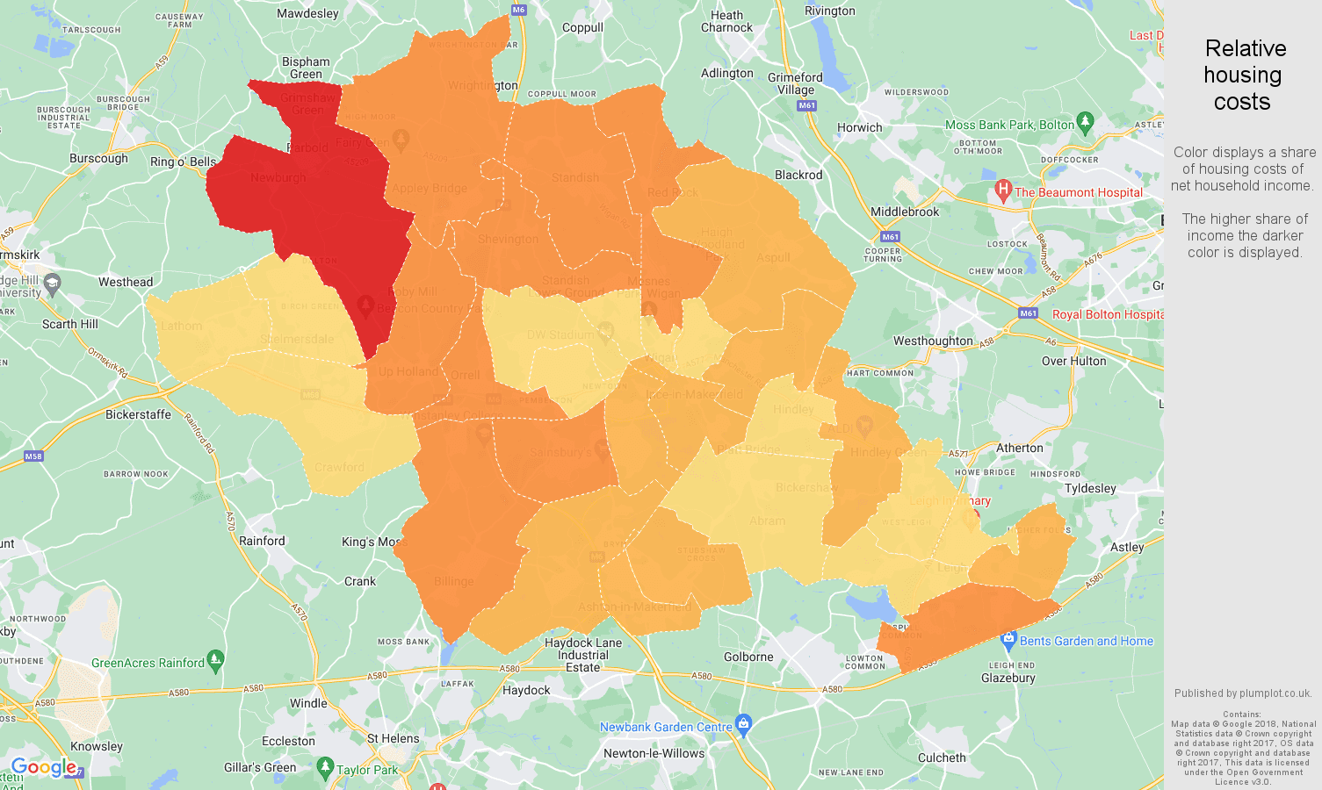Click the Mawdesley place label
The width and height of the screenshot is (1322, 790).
[x=307, y=13]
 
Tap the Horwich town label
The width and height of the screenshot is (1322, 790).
[x=859, y=127]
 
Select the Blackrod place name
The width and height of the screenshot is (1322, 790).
[x=798, y=175]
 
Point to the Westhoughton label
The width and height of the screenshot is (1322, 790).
[x=933, y=341]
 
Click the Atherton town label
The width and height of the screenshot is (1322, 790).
[x=1019, y=448]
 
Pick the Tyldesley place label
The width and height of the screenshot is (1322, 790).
[x=1090, y=488]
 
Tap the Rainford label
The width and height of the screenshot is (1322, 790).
[x=262, y=541]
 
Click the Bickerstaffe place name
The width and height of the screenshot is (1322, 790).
[x=138, y=414]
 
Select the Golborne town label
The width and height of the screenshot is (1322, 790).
[x=748, y=657]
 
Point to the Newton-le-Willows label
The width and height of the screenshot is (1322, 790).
[x=654, y=753]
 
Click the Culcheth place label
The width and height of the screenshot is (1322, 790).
[x=942, y=758]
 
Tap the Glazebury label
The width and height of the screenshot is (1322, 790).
[x=1008, y=678]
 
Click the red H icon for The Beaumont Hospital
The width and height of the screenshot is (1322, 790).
[x=1003, y=190]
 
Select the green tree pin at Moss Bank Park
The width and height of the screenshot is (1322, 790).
[x=1085, y=121]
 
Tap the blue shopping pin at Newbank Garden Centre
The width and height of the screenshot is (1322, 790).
[x=744, y=723]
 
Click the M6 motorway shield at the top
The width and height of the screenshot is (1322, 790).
[x=518, y=10]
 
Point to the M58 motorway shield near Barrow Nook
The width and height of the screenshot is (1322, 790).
[x=33, y=456]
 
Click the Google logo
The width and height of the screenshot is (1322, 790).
[x=44, y=768]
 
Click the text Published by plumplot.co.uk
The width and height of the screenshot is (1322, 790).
[x=1243, y=693]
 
